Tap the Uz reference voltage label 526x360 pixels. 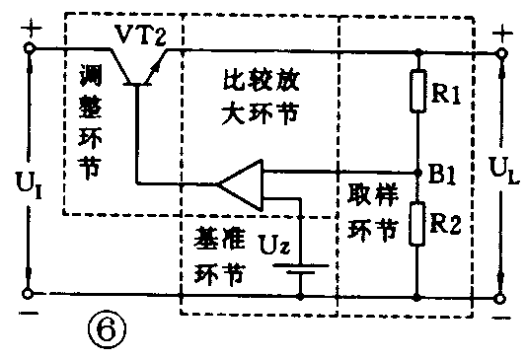(272, 241)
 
